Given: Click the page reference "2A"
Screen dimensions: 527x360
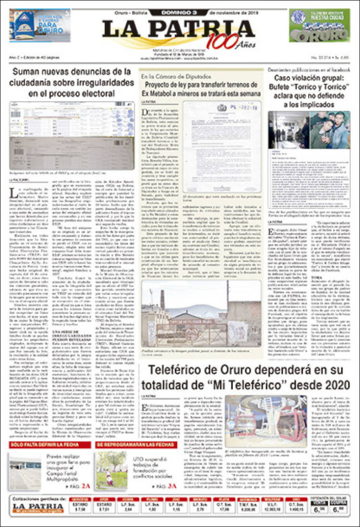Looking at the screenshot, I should coord(86,487).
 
